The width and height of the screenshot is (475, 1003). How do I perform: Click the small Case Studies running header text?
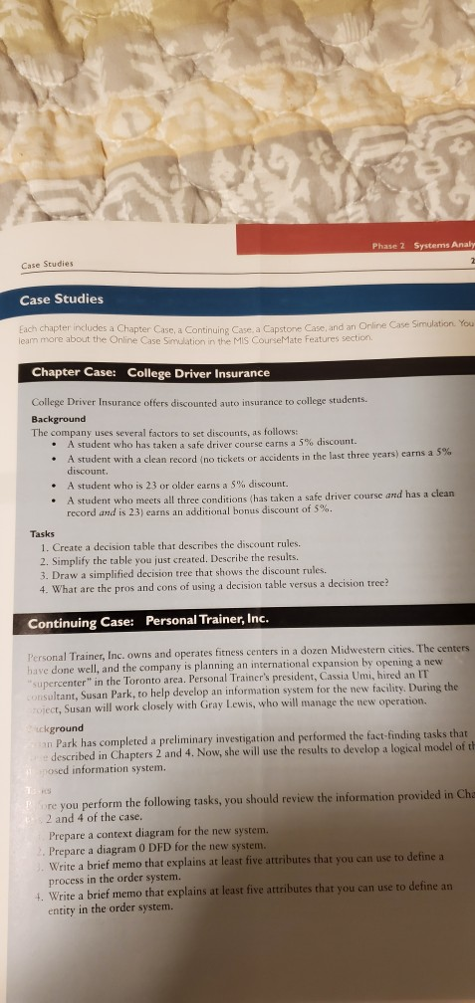point(46,265)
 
